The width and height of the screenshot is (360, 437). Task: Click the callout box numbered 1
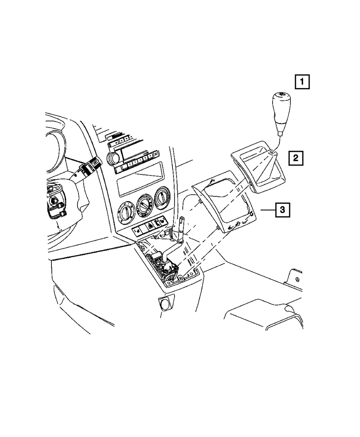click(302, 82)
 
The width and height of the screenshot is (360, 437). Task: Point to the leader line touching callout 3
click(268, 209)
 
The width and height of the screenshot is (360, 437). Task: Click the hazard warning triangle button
click(149, 226)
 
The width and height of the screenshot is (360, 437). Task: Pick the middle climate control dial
click(145, 205)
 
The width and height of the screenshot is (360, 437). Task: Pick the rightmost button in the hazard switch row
click(163, 220)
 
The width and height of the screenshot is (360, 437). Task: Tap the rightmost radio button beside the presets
click(156, 154)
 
